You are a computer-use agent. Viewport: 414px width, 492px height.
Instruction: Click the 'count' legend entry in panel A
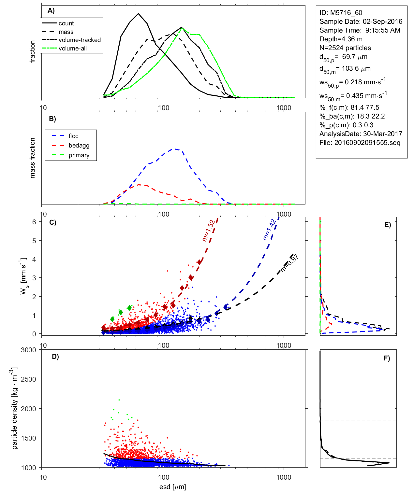point(66,23)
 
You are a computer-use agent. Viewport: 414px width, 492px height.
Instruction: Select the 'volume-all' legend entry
point(72,49)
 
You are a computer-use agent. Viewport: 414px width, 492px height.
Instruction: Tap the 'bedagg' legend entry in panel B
point(79,146)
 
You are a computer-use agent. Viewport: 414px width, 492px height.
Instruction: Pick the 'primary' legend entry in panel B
point(79,155)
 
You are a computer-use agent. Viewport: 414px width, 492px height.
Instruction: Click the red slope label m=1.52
point(208,231)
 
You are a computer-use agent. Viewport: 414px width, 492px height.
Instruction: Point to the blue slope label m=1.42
point(269,230)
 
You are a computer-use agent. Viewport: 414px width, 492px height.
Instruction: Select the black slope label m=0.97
point(289,263)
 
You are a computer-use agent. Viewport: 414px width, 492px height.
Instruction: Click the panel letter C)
point(53,223)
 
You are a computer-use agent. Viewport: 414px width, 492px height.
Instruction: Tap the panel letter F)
point(387,358)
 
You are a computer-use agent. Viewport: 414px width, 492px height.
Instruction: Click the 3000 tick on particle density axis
point(28,350)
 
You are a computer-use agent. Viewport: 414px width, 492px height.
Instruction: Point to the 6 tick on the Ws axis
point(34,222)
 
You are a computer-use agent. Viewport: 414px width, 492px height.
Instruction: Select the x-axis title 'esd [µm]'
point(172,487)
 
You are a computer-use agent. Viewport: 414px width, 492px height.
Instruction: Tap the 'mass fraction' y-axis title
point(32,158)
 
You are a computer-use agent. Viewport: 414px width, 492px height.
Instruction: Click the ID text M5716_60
point(341,13)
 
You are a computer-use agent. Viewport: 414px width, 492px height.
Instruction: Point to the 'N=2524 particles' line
point(345,48)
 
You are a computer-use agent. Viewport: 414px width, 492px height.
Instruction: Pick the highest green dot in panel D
point(119,400)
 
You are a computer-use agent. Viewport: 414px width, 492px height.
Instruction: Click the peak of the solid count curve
point(139,14)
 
